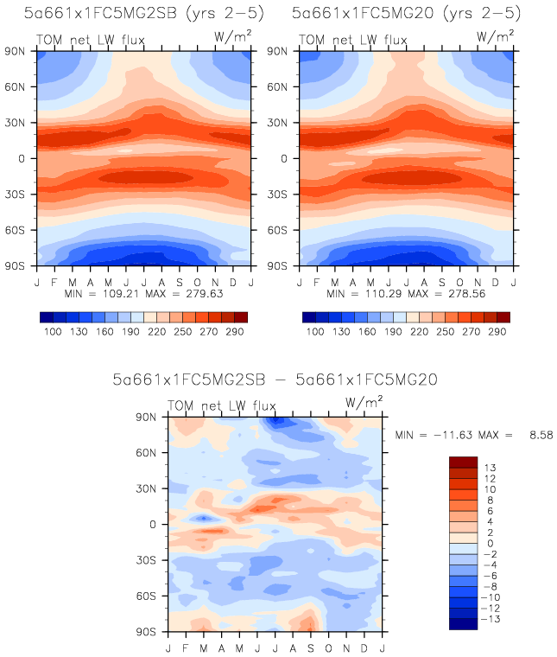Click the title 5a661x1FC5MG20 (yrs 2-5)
coord(406,14)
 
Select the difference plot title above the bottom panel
coord(275,380)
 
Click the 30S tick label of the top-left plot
coord(22,195)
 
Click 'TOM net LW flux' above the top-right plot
coord(352,40)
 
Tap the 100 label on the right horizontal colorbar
coord(316,331)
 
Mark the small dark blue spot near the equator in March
coord(203,518)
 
